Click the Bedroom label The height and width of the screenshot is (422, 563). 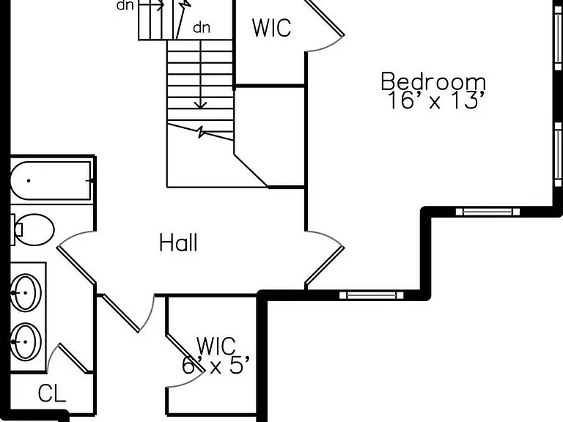click(433, 81)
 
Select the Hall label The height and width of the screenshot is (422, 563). click(178, 243)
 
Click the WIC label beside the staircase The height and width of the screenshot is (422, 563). click(271, 28)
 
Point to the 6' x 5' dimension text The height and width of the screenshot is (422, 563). click(215, 366)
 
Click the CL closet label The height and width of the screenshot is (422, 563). click(52, 393)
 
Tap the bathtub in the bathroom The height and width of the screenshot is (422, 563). click(51, 181)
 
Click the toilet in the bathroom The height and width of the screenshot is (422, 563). click(32, 229)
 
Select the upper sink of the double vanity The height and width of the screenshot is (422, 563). click(26, 293)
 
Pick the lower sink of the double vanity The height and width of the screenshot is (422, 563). click(26, 342)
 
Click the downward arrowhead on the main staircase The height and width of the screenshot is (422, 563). click(200, 105)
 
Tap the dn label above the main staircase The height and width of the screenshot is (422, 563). click(202, 28)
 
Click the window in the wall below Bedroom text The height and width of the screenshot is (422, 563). click(487, 212)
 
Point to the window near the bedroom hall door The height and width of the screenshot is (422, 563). click(372, 295)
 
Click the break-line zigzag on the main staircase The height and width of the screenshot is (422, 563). click(201, 132)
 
